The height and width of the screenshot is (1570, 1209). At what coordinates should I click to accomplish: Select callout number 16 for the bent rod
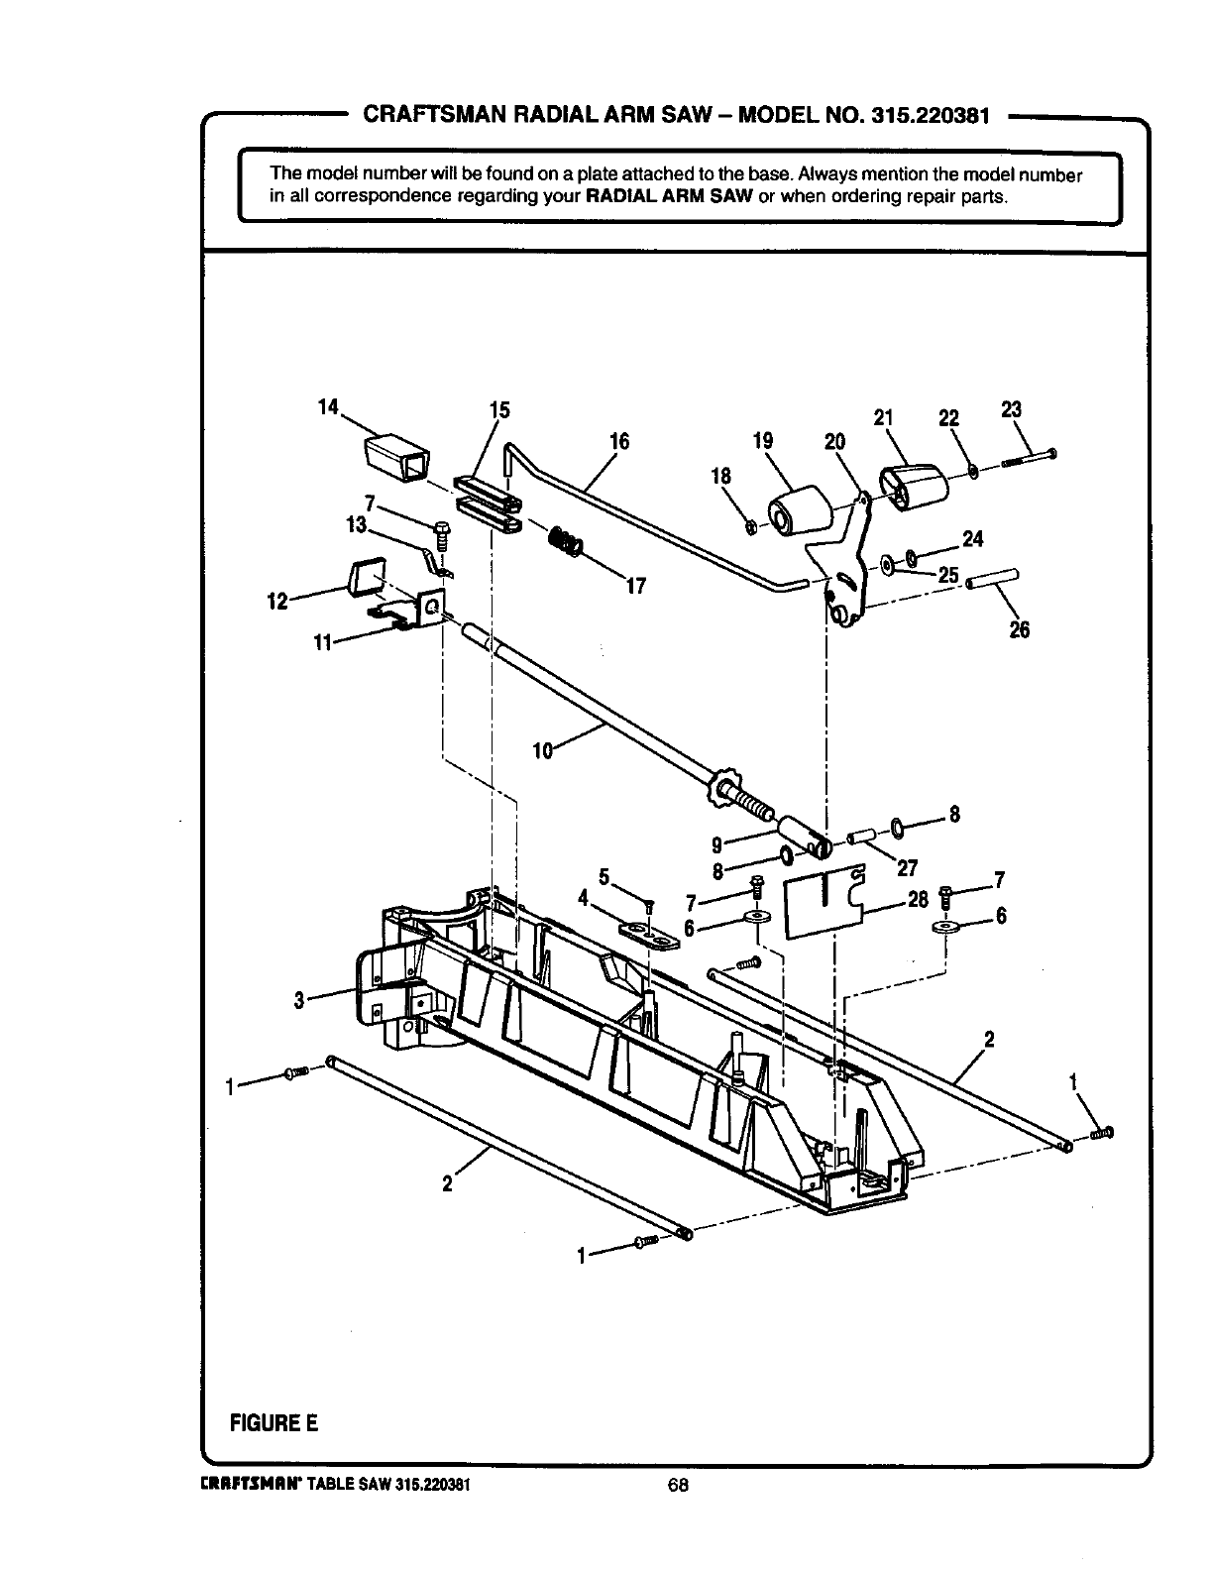tap(618, 442)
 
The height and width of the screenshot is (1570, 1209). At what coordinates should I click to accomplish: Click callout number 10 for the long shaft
tap(542, 750)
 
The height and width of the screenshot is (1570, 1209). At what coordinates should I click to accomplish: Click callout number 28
tap(918, 900)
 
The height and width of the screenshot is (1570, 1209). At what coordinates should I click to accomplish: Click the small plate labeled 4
tap(651, 935)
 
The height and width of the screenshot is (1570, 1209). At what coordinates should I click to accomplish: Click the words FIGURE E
tap(274, 1422)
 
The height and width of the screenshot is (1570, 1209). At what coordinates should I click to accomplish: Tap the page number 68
tap(678, 1484)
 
